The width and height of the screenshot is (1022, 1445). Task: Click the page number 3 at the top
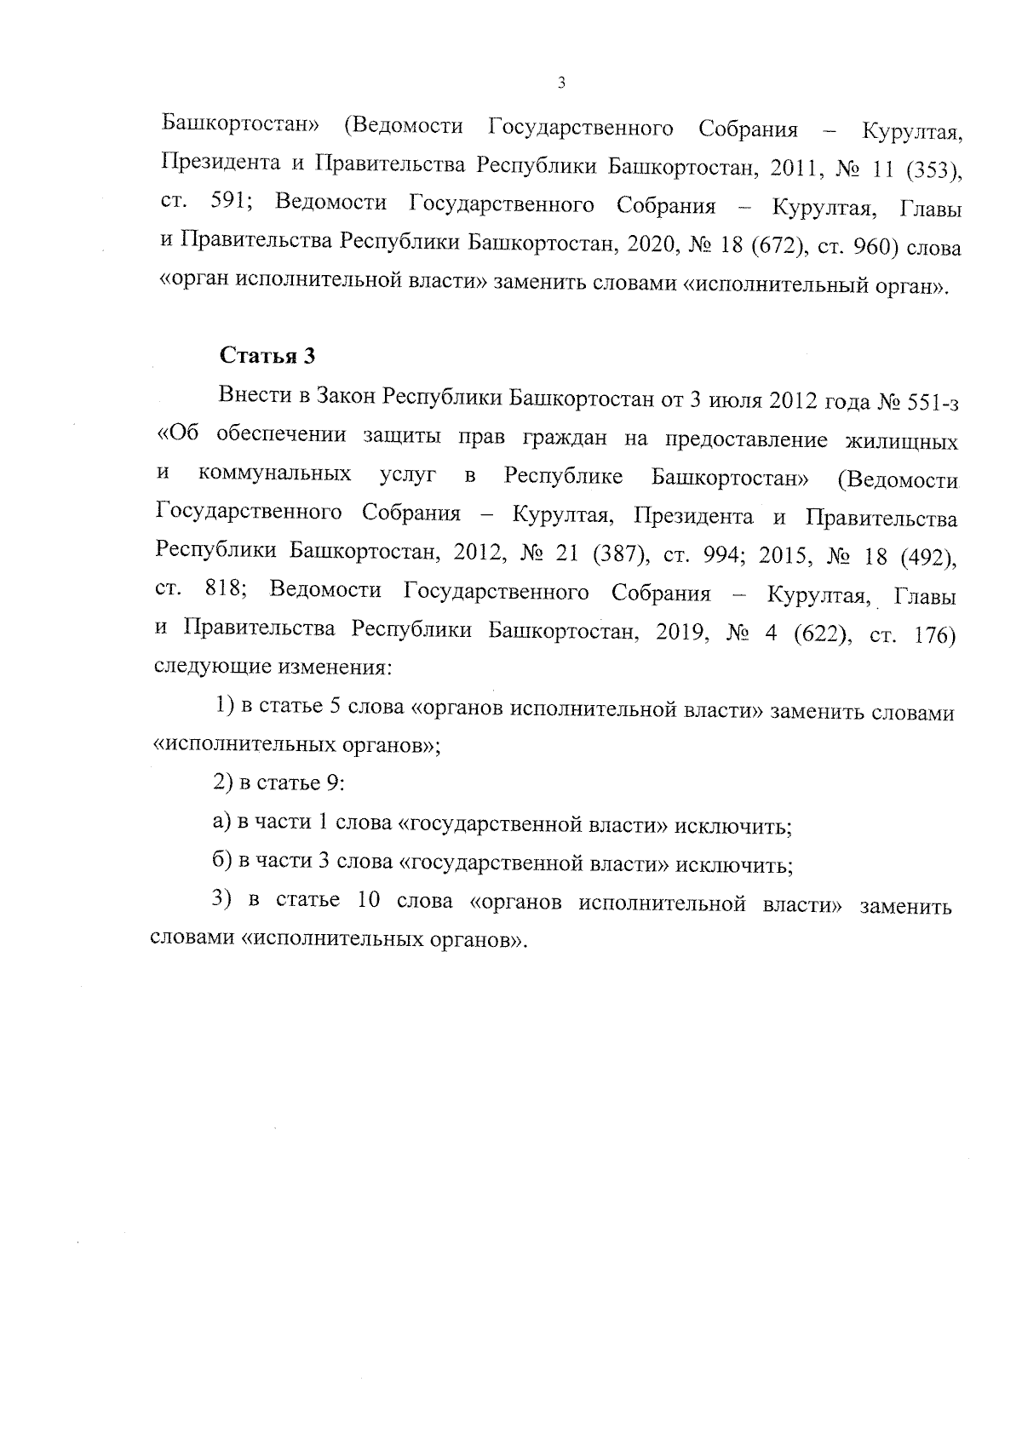coord(560,83)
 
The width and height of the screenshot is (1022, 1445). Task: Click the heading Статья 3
coord(267,356)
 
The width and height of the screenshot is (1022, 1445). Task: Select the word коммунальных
coord(275,474)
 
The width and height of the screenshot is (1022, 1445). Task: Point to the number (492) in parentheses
coord(927,555)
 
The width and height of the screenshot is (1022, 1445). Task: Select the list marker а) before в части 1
coord(221,823)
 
